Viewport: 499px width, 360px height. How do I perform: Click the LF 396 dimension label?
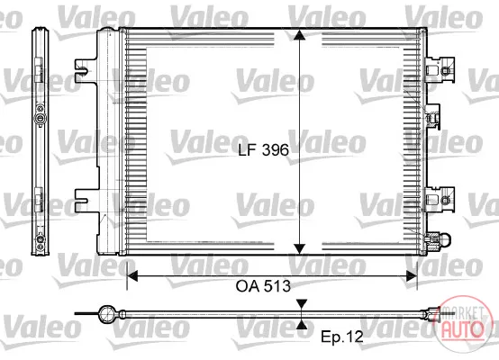coord(264,149)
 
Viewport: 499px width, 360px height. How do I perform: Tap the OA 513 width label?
coord(263,286)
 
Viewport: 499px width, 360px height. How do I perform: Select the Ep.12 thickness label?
coord(341,337)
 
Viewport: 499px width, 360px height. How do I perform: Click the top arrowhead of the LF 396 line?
coord(299,35)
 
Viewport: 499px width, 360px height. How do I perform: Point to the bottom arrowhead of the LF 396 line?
coord(299,249)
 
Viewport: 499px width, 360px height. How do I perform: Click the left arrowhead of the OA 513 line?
coord(132,275)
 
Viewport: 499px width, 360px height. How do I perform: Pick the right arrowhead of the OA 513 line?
coord(412,276)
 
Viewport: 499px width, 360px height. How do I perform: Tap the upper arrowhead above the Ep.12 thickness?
coord(302,303)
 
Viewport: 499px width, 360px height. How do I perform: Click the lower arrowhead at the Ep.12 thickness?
coord(302,324)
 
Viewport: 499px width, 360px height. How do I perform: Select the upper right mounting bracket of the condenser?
coord(440,68)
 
